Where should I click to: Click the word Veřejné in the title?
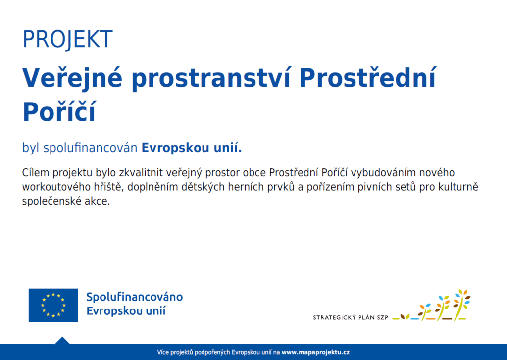coord(72,78)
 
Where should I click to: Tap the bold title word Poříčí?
coord(59,111)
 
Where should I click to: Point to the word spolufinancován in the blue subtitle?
coord(90,148)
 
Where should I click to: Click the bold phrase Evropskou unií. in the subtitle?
coord(192,148)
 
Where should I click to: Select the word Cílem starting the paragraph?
coord(36,173)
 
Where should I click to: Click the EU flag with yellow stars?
coord(53,305)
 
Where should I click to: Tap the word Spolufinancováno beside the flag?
coord(135,297)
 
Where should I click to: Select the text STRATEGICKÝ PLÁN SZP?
coord(351,317)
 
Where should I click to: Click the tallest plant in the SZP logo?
coord(462,305)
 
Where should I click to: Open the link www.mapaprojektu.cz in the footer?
coord(315,352)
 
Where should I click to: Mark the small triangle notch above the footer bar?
coord(62,340)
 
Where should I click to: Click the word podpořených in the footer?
coord(213,352)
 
